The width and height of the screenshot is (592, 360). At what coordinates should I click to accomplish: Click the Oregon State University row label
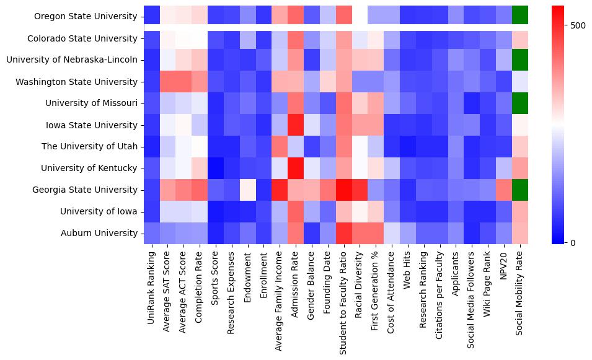tap(86, 16)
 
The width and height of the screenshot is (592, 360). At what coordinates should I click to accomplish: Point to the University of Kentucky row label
tap(89, 168)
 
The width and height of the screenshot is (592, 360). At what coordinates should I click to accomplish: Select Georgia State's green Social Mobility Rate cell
tap(520, 190)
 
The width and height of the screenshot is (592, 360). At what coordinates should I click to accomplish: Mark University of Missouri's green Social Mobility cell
tap(520, 103)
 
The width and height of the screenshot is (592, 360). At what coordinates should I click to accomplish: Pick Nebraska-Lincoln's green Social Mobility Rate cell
tap(520, 59)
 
